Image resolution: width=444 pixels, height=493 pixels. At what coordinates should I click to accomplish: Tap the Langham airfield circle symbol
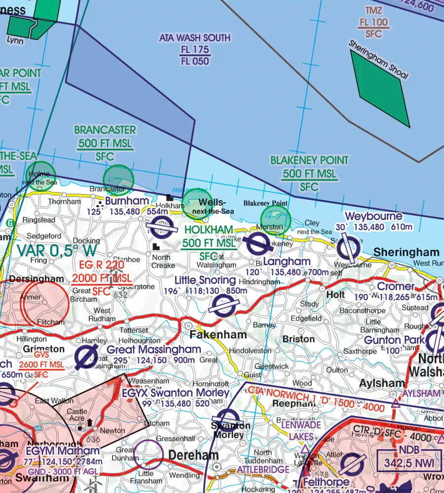[x=258, y=243]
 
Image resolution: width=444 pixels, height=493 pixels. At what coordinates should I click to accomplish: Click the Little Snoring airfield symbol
[x=222, y=309]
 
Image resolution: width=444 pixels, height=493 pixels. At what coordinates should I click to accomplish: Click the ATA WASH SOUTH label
[x=194, y=38]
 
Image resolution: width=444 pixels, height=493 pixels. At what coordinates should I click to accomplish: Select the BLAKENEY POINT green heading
[x=309, y=160]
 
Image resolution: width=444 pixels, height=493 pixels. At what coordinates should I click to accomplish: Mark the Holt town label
[x=336, y=294]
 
